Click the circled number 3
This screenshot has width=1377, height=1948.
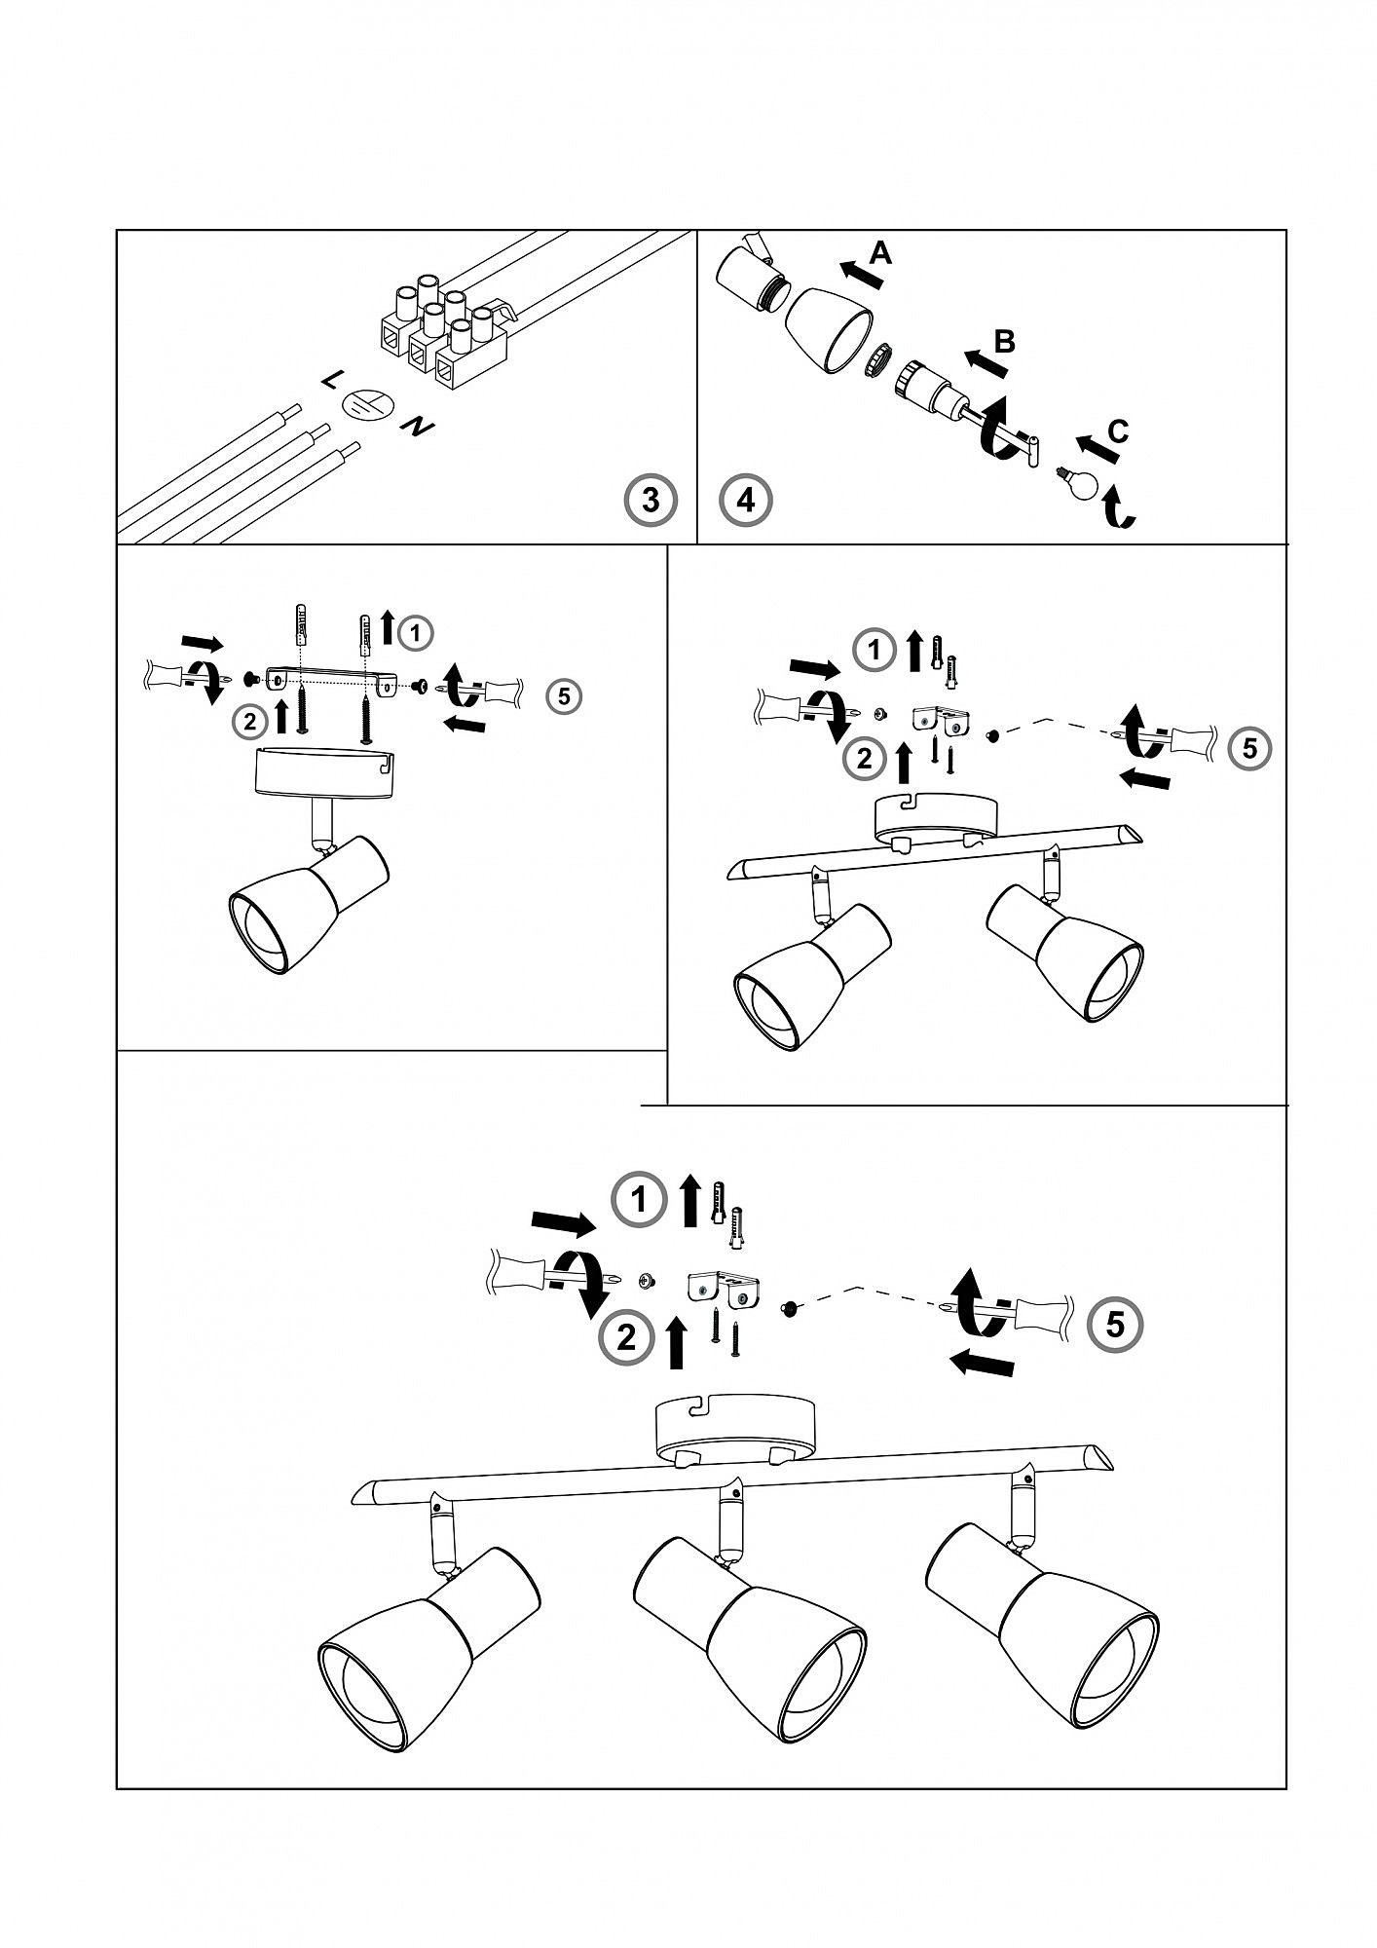650,501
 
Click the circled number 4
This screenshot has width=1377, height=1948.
746,501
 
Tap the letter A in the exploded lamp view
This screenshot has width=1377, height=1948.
879,254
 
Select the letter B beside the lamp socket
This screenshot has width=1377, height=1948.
1005,341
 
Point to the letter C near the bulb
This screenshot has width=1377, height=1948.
1118,431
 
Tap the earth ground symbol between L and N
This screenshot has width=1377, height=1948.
369,406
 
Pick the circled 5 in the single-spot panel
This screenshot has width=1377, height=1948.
564,695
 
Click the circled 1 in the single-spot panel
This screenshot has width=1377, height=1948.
416,633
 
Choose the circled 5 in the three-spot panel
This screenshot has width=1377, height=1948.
1115,1324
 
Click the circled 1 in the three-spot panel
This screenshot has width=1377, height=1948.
639,1200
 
